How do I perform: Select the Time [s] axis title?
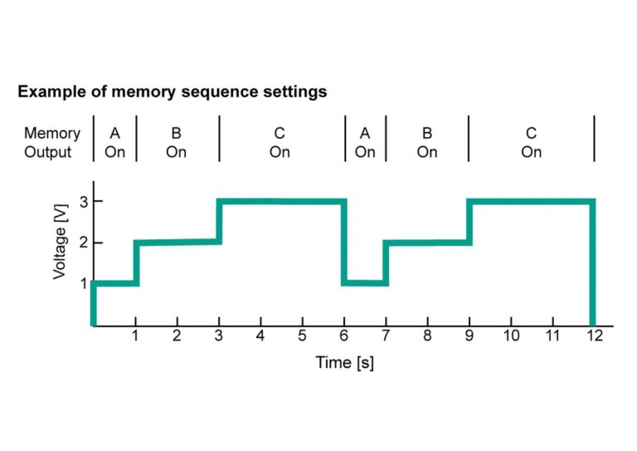(344, 362)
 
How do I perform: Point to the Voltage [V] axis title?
(60, 242)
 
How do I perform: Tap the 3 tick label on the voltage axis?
(84, 202)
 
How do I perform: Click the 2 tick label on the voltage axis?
(84, 243)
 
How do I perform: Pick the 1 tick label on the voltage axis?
(84, 283)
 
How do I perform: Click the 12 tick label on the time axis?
(595, 336)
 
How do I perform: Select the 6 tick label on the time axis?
(344, 336)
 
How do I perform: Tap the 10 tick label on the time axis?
(511, 336)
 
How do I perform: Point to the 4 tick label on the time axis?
(260, 336)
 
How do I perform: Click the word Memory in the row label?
(52, 134)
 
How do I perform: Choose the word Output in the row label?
(47, 152)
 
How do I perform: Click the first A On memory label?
(115, 143)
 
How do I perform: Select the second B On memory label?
(427, 143)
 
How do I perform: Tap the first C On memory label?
(280, 143)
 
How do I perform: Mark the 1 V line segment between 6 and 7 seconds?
(365, 283)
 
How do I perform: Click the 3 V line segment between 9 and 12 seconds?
(531, 202)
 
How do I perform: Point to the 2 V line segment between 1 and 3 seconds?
(178, 243)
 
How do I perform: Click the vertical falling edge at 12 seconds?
(592, 262)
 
